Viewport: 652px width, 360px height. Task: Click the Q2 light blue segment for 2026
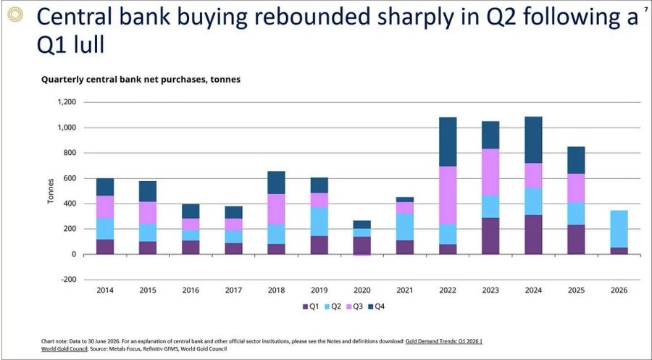(x=619, y=229)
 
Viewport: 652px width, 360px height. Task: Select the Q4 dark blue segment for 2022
(x=448, y=142)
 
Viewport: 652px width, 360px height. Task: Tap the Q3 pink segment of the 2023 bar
(x=490, y=172)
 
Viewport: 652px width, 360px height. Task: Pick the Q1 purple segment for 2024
(x=533, y=235)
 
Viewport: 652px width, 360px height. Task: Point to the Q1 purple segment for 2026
(x=619, y=251)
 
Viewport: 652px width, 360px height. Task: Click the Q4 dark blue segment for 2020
(x=362, y=225)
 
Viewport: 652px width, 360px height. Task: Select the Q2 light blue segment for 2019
(x=319, y=222)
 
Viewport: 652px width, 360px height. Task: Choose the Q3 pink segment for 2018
(x=277, y=209)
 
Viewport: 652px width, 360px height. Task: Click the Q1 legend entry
(x=310, y=307)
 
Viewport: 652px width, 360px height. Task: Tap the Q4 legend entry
(x=377, y=307)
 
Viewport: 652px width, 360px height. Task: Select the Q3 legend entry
(x=354, y=307)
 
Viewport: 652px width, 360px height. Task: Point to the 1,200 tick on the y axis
(x=67, y=102)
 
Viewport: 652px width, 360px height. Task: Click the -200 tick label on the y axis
(x=68, y=280)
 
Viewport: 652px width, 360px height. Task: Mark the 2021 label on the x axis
(x=404, y=290)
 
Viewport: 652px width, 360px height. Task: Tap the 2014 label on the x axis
(x=105, y=290)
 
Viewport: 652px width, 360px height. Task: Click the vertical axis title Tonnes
(x=51, y=191)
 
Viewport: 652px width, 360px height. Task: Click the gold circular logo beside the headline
(x=15, y=15)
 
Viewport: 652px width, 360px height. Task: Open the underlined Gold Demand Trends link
(x=443, y=341)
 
